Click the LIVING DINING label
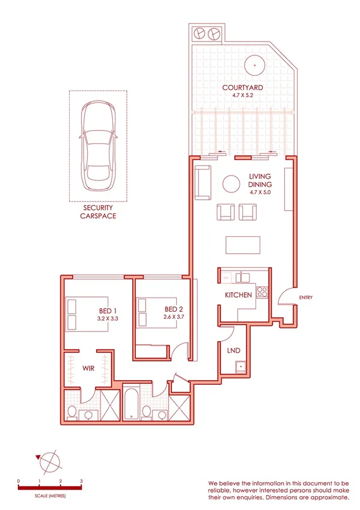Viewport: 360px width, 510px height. click(260, 180)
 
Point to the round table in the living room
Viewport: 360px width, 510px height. click(231, 184)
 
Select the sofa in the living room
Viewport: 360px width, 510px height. click(203, 183)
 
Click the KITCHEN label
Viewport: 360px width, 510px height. click(238, 295)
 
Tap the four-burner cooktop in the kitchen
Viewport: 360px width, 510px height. click(262, 292)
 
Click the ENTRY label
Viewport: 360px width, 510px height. click(305, 298)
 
